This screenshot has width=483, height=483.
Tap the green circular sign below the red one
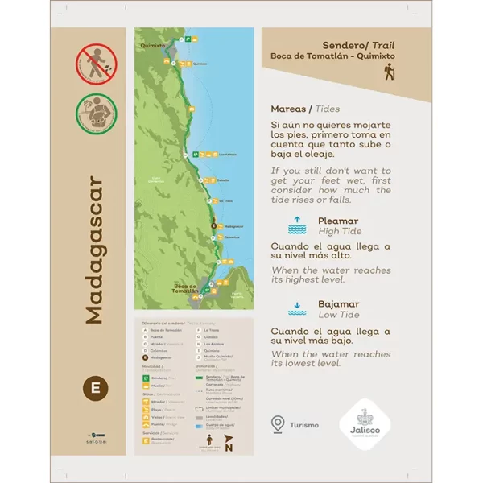(x=96, y=112)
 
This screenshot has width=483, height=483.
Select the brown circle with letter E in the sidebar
(x=96, y=387)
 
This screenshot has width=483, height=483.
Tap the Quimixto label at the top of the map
(x=153, y=46)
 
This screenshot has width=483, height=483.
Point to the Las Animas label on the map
(x=228, y=154)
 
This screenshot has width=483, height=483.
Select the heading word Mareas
(x=289, y=107)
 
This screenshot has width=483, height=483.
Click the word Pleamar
(x=338, y=220)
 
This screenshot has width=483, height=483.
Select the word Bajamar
(x=338, y=303)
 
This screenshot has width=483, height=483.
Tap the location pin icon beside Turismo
(x=279, y=423)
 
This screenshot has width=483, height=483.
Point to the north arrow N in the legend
(x=228, y=447)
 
